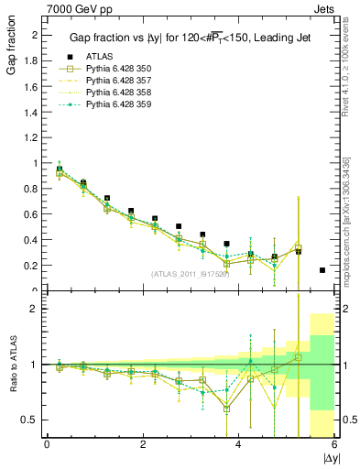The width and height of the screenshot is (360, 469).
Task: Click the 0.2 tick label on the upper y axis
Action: click(x=29, y=266)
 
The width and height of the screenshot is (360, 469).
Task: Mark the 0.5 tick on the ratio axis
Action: click(x=29, y=420)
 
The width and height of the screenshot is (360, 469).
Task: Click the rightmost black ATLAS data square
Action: click(x=322, y=270)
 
